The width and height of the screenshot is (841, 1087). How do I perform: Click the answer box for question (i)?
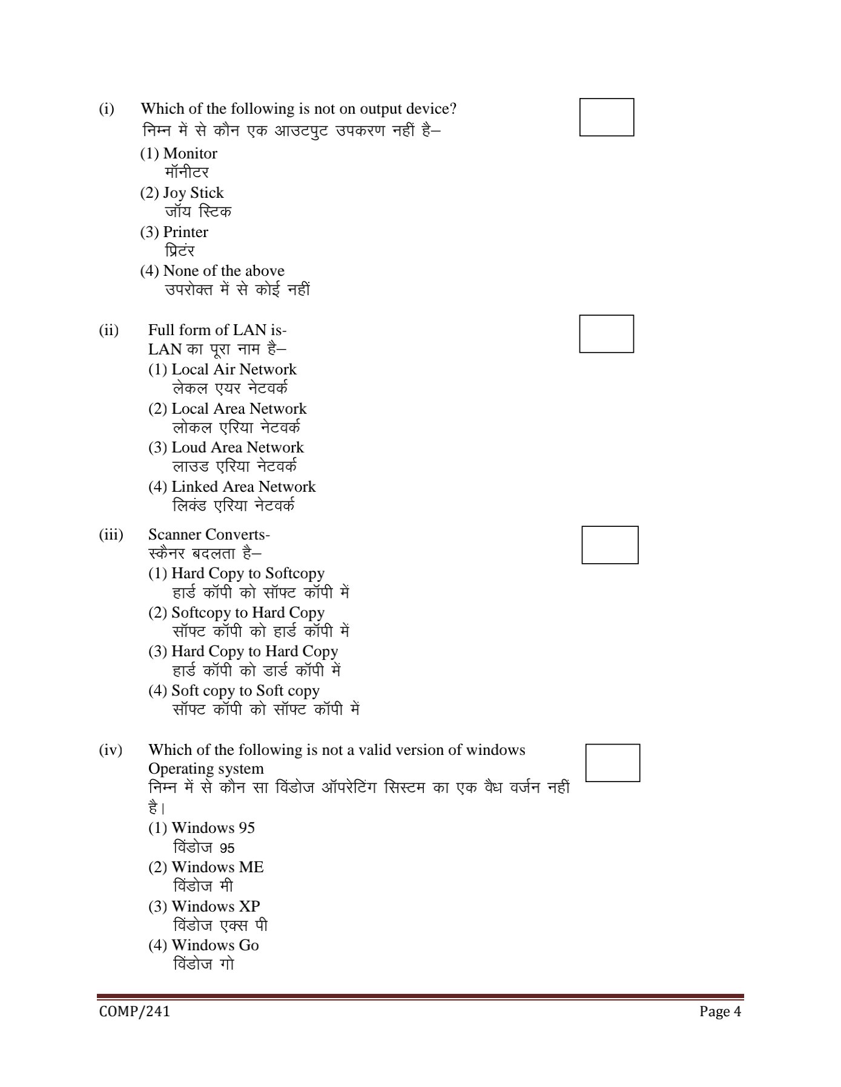[607, 117]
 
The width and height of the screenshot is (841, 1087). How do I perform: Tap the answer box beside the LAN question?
[606, 333]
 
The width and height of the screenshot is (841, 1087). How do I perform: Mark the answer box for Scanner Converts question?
[610, 545]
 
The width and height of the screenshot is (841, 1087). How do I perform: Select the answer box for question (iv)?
[613, 763]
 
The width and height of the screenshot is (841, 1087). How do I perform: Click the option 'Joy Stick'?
[182, 193]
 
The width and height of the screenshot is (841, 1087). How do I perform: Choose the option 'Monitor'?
[179, 154]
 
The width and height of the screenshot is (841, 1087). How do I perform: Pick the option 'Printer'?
[174, 232]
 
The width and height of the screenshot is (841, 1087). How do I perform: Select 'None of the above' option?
[213, 271]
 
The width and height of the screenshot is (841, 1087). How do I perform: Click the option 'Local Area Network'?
[228, 409]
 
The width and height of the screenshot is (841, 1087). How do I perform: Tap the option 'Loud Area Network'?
[226, 448]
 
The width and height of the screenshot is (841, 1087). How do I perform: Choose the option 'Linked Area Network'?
[232, 487]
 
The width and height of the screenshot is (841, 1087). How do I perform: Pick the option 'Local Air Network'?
[222, 370]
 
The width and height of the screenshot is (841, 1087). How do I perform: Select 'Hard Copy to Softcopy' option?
[236, 573]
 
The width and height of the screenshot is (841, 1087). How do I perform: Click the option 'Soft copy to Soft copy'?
[234, 691]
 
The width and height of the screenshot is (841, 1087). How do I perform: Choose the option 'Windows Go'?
[203, 945]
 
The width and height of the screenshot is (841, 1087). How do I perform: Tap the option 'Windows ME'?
[206, 867]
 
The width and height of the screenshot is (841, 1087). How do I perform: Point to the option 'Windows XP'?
[204, 907]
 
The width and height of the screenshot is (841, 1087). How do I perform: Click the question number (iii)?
[111, 535]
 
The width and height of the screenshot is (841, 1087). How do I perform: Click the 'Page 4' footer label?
[720, 1011]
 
